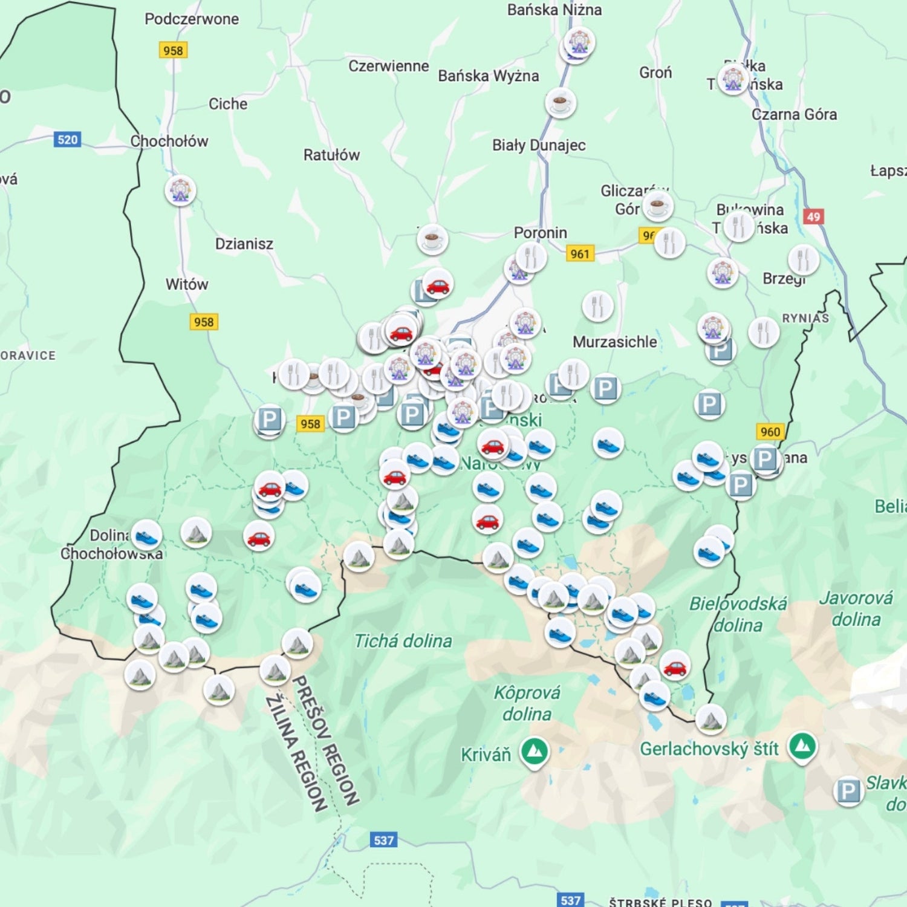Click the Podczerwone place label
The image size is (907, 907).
191,19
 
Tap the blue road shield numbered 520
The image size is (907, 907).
67,140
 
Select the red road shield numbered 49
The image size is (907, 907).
813,216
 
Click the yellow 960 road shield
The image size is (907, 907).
770,431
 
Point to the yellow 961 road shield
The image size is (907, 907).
579,254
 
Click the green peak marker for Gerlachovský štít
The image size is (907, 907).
802,747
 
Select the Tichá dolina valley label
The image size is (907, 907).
403,641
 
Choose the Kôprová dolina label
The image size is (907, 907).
527,703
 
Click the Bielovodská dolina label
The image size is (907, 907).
738,614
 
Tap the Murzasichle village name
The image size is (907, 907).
614,342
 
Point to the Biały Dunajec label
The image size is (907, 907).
538,145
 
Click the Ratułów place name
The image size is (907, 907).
331,155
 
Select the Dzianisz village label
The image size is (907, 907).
244,244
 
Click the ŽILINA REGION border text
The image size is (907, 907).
296,753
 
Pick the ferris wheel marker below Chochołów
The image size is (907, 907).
180,190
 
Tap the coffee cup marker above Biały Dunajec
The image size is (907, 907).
560,102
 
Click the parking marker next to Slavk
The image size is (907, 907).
848,790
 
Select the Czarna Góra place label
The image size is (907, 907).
794,114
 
